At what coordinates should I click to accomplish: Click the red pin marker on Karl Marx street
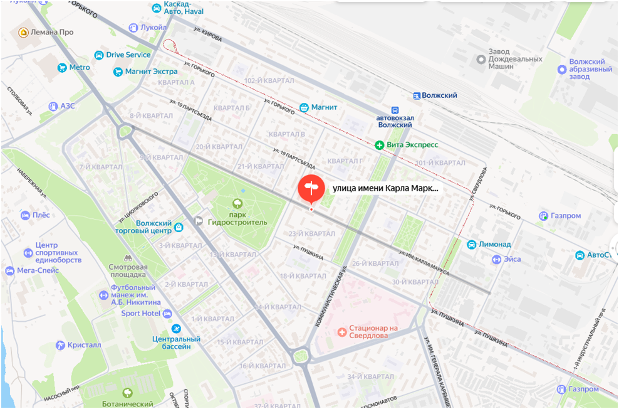311,189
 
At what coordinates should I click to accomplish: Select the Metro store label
79,67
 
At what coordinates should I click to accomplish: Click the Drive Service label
128,55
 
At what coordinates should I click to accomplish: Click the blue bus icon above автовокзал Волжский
395,109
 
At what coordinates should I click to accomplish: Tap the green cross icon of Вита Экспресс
379,145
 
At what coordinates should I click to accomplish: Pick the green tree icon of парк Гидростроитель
237,204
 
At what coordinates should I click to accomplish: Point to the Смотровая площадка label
128,269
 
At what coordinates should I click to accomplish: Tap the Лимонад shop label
494,244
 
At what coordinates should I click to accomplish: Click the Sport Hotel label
140,313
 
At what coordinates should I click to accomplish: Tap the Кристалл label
79,345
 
